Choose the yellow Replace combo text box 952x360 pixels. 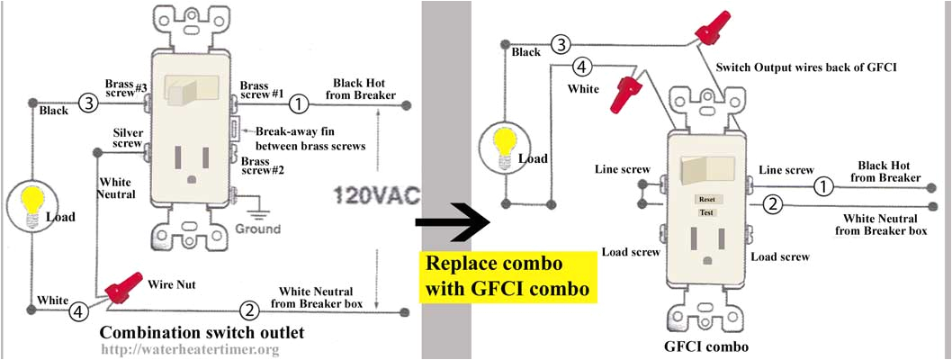click(x=507, y=276)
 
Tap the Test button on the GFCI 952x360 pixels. click(x=707, y=212)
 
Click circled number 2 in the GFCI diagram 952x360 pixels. click(x=772, y=204)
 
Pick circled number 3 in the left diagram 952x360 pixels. click(x=88, y=103)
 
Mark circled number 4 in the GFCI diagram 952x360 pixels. click(x=582, y=67)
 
